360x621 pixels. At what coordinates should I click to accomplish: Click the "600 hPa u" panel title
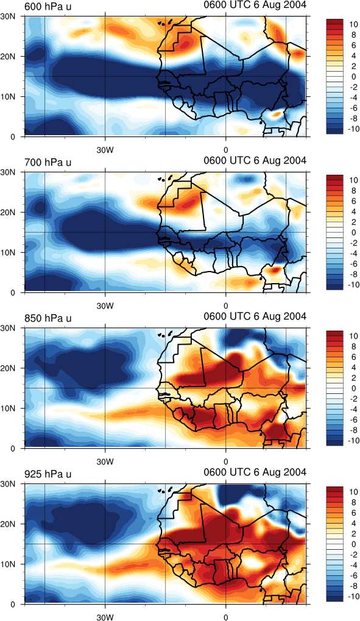(48, 6)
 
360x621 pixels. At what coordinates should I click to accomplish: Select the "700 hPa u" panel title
(48, 163)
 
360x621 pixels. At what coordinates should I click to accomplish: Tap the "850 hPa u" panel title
(48, 318)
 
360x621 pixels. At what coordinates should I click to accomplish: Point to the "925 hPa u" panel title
(48, 474)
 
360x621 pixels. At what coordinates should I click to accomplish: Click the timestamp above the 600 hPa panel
(255, 5)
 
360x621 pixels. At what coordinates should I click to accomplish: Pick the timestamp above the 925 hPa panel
(255, 472)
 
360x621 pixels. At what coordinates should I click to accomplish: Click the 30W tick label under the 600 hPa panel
(105, 150)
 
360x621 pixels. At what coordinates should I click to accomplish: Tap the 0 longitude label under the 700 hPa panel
(226, 306)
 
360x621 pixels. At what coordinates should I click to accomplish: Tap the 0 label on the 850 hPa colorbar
(353, 388)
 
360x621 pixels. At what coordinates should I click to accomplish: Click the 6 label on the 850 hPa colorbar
(353, 357)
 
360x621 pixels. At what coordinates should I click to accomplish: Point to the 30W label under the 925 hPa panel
(105, 617)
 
